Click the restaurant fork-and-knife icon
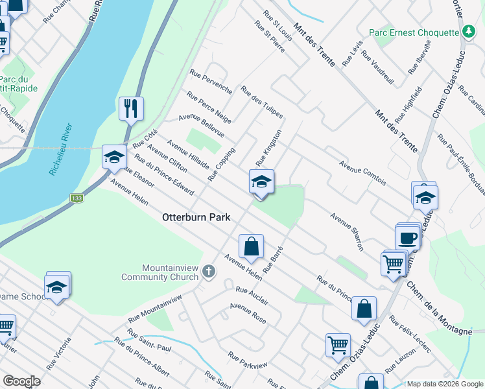[x=132, y=108]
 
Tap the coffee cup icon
[x=408, y=237]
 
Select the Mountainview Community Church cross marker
[x=208, y=270]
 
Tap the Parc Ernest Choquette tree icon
[x=469, y=31]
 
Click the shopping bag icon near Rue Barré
[x=251, y=246]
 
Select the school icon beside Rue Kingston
[x=261, y=182]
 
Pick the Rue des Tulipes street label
[x=261, y=102]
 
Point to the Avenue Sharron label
[x=347, y=231]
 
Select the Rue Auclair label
[x=252, y=296]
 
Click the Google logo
[x=21, y=381]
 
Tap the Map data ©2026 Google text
[x=444, y=384]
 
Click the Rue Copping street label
[x=221, y=164]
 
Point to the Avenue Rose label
[x=248, y=314]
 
